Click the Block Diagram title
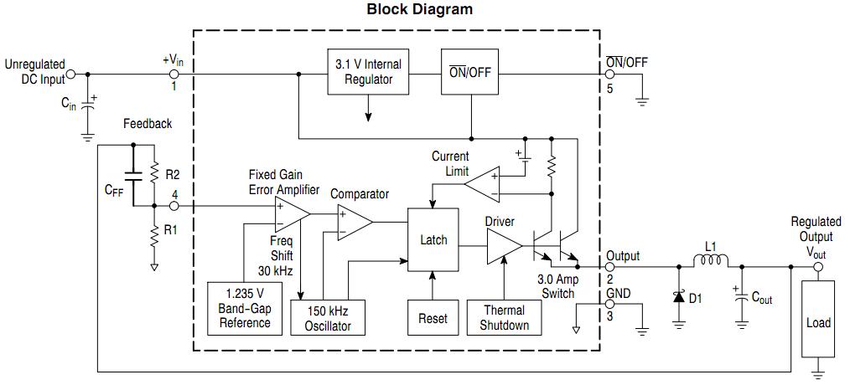click(419, 10)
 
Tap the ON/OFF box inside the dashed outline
click(470, 72)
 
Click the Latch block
click(433, 240)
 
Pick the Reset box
click(433, 318)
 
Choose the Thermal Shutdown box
click(505, 318)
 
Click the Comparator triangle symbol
click(353, 222)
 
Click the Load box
click(817, 322)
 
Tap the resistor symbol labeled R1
click(155, 237)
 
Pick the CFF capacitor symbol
click(132, 177)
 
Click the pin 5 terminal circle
click(609, 74)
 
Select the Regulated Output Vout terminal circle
click(817, 268)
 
